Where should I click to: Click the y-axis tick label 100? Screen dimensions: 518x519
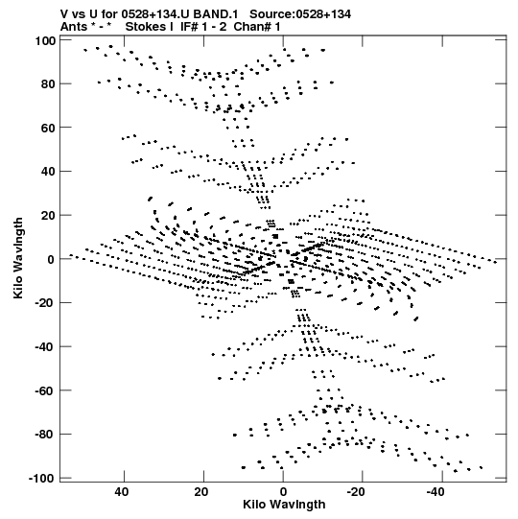[x=45, y=41]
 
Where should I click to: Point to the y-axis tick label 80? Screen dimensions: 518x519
[x=48, y=84]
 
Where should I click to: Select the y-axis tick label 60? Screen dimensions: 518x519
[x=48, y=128]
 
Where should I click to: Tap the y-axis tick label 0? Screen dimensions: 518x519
[x=51, y=259]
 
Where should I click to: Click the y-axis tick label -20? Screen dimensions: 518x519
[x=45, y=303]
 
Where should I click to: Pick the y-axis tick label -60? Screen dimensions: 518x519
[x=45, y=390]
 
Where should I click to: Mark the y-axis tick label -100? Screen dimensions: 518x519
[x=41, y=479]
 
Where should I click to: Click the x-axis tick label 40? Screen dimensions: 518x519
[x=122, y=492]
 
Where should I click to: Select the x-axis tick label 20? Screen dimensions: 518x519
[x=200, y=492]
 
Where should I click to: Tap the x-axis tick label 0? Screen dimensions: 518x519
[x=283, y=492]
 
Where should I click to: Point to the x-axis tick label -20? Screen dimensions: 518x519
[x=356, y=492]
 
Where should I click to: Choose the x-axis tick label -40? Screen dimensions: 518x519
[x=436, y=492]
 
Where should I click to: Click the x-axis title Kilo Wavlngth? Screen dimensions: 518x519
[x=284, y=505]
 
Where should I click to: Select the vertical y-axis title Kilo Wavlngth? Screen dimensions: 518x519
[x=18, y=258]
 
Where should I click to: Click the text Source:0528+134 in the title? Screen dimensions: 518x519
[x=300, y=14]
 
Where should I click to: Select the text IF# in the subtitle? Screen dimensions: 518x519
[x=190, y=27]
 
